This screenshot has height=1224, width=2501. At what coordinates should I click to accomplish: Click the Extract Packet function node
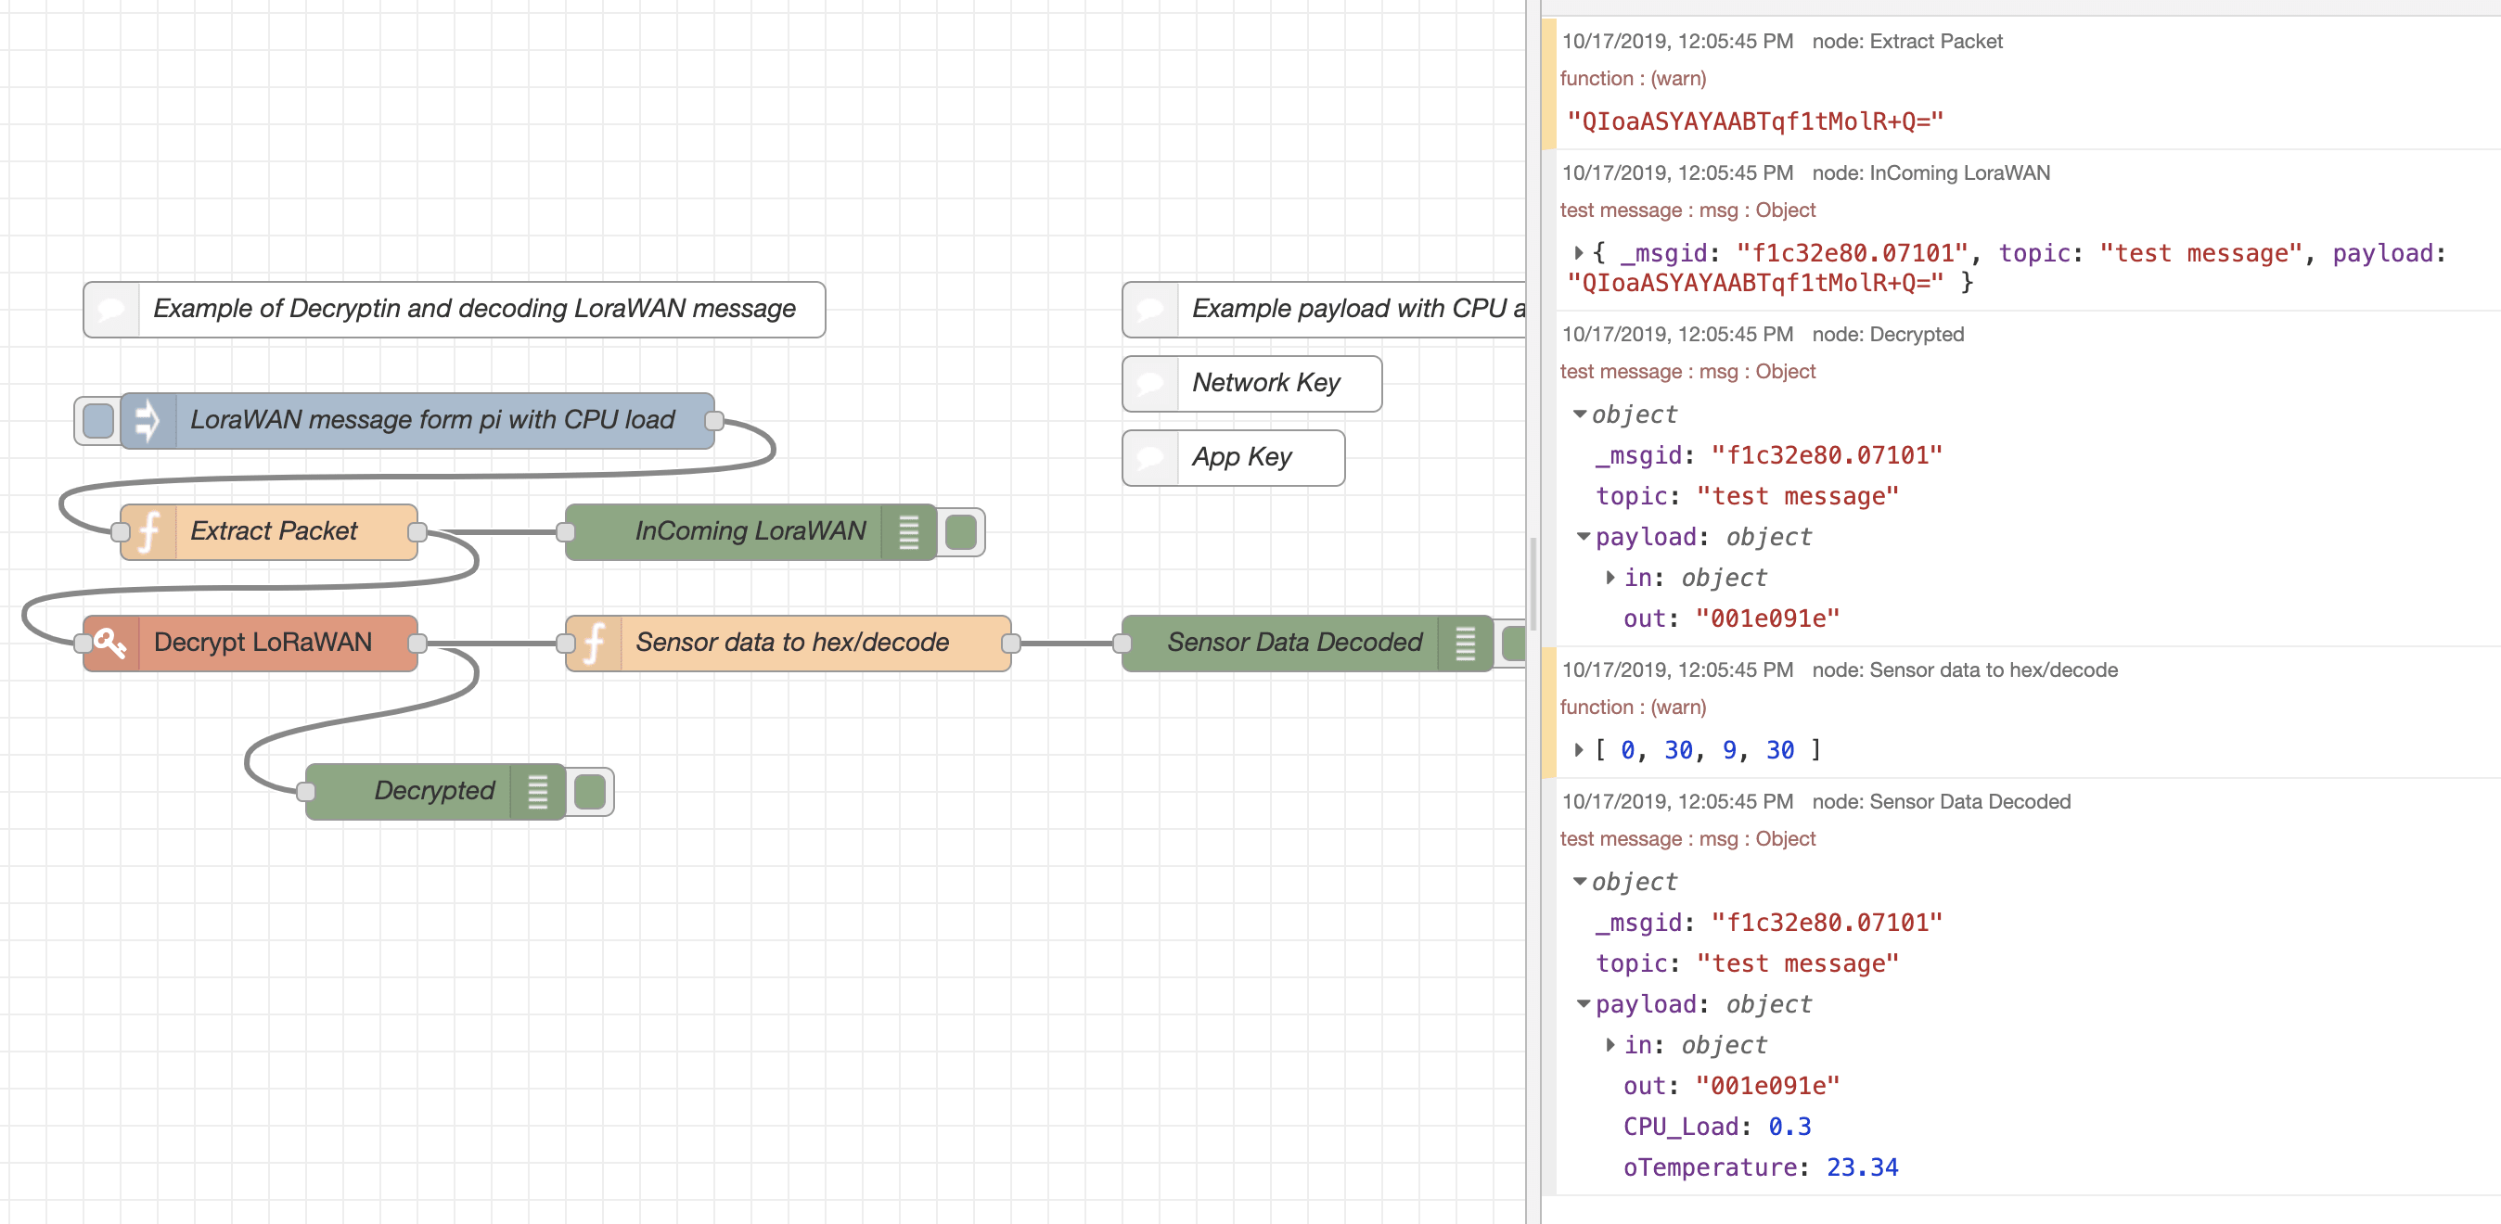(x=272, y=531)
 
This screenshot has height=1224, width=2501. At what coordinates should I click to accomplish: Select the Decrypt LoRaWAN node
(x=263, y=643)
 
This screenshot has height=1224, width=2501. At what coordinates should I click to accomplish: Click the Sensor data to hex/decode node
(x=791, y=643)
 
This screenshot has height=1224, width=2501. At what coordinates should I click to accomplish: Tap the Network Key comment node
(x=1265, y=383)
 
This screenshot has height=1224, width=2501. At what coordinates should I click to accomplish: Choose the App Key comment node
(x=1242, y=457)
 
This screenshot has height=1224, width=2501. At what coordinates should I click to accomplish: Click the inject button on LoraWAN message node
(x=98, y=421)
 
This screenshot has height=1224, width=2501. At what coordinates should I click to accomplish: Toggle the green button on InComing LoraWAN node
(x=960, y=532)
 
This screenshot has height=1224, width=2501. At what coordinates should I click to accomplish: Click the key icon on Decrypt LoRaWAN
(x=110, y=643)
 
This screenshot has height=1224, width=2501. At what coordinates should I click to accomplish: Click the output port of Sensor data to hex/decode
(x=1010, y=643)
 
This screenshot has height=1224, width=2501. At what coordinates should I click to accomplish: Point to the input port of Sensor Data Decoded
(x=1122, y=643)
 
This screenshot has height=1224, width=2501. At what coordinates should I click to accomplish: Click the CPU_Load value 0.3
(x=1789, y=1126)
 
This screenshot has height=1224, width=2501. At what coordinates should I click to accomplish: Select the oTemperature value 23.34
(x=1861, y=1167)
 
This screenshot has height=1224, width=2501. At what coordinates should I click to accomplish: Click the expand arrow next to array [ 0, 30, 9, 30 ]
(x=1579, y=749)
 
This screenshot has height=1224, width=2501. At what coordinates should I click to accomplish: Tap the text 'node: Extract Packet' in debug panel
(x=1906, y=42)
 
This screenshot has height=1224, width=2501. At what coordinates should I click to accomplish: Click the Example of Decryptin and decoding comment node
(x=474, y=309)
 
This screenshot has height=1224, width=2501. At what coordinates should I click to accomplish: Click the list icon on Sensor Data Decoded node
(x=1465, y=643)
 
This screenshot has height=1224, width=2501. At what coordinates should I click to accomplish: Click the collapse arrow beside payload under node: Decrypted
(x=1584, y=537)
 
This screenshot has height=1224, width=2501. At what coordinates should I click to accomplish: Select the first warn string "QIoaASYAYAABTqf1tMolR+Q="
(x=1754, y=121)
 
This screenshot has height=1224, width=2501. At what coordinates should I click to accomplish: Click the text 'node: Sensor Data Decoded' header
(x=1941, y=802)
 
